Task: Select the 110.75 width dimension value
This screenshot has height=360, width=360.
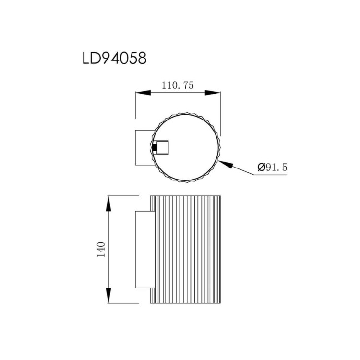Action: tap(177, 86)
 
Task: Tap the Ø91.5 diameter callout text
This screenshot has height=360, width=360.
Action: tap(272, 168)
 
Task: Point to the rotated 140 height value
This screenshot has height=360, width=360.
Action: tap(101, 250)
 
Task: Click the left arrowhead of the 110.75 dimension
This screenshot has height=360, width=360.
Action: tap(142, 93)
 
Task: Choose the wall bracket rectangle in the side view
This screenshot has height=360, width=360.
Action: tap(143, 250)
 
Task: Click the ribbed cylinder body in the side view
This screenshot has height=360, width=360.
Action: tap(186, 250)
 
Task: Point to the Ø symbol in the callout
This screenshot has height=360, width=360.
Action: tap(262, 168)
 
